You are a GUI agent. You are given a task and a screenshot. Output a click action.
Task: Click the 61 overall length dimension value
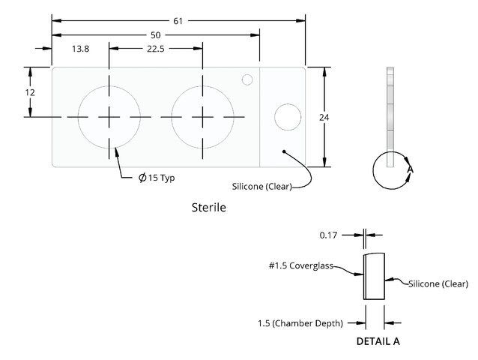pyautogui.click(x=178, y=21)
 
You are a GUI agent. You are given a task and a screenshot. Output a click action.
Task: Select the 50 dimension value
pyautogui.click(x=156, y=35)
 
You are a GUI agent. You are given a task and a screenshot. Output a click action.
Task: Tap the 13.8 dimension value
pyautogui.click(x=80, y=49)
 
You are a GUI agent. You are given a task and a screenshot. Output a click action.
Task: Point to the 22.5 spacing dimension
pyautogui.click(x=156, y=49)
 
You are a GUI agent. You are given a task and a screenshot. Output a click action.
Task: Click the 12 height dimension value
pyautogui.click(x=30, y=92)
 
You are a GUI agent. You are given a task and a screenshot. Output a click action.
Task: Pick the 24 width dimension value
pyautogui.click(x=324, y=118)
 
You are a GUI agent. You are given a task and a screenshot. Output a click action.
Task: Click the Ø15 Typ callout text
pyautogui.click(x=157, y=178)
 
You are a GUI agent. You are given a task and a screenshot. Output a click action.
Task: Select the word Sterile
pyautogui.click(x=209, y=208)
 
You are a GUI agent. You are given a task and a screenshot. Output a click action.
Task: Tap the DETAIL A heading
pyautogui.click(x=378, y=341)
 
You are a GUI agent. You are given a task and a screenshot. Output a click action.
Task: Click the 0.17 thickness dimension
pyautogui.click(x=328, y=235)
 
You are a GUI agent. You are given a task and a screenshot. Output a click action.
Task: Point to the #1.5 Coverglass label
pyautogui.click(x=301, y=265)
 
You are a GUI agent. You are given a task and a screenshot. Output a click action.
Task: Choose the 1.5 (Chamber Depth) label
pyautogui.click(x=300, y=323)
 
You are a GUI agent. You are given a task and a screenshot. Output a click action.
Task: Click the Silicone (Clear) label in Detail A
pyautogui.click(x=438, y=284)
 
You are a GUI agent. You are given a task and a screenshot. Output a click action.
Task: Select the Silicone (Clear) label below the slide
pyautogui.click(x=262, y=187)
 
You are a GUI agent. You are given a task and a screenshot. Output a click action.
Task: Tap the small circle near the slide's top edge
pyautogui.click(x=247, y=79)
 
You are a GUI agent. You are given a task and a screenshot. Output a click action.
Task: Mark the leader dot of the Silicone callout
pyautogui.click(x=284, y=151)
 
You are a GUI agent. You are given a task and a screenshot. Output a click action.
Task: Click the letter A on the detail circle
pyautogui.click(x=411, y=169)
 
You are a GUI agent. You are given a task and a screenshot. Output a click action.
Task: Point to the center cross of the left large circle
pyautogui.click(x=109, y=117)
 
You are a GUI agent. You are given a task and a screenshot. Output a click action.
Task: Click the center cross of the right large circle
pyautogui.click(x=203, y=117)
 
